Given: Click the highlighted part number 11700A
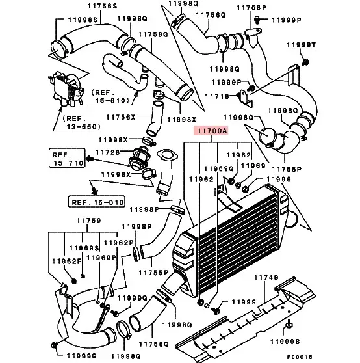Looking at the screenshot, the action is tap(211, 131).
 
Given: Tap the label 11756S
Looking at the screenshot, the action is tap(103, 6).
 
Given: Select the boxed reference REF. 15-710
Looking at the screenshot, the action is tap(67, 158).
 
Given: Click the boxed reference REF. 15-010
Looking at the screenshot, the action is tap(97, 202).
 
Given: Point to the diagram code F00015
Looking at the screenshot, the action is tap(300, 357).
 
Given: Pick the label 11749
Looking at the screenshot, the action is tap(266, 277).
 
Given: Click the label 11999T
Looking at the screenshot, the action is tap(301, 45).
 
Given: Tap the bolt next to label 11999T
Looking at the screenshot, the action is tap(305, 62).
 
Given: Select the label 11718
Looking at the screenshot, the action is tap(217, 96).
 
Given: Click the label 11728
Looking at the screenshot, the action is tap(108, 152).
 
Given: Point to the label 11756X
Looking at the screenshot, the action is tap(120, 117).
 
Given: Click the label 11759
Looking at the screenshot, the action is tap(89, 221).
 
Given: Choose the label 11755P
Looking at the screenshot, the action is tap(153, 273).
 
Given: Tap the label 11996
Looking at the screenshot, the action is tap(279, 179).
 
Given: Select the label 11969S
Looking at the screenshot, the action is tap(84, 248).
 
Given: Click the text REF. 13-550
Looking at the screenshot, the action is tap(81, 123).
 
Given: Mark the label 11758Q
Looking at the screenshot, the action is tap(153, 34).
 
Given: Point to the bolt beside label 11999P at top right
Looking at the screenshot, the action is tap(257, 20).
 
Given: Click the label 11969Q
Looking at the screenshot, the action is tap(219, 168).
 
